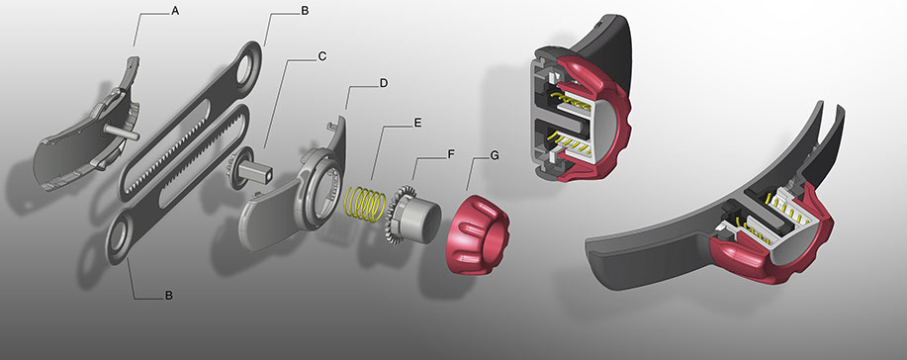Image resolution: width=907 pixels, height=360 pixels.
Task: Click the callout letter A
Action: [175, 11]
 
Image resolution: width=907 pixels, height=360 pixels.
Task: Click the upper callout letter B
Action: [305, 11]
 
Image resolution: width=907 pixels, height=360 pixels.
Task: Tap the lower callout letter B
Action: [168, 295]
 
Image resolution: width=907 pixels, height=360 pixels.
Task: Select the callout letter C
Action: [322, 56]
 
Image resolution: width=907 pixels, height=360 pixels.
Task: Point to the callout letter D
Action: [384, 83]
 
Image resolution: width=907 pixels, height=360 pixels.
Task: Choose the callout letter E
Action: [417, 124]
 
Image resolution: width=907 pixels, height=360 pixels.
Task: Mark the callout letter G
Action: [494, 156]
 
